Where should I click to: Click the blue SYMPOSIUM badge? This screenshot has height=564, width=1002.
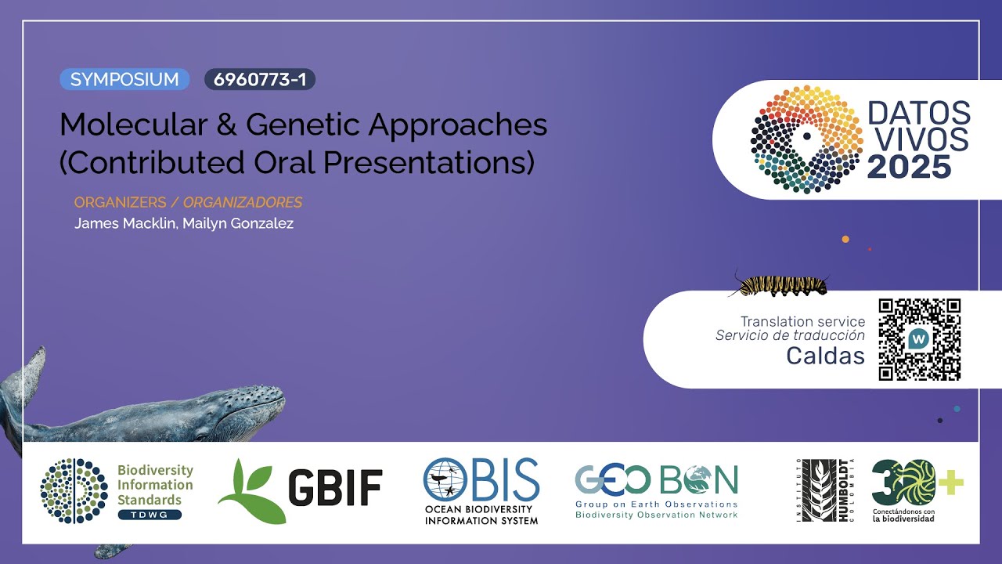tap(124, 79)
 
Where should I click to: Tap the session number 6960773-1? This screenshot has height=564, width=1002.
tap(259, 79)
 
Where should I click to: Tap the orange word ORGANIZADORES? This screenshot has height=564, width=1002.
tap(243, 202)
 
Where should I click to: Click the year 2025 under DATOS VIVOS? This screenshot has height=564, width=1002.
tap(909, 166)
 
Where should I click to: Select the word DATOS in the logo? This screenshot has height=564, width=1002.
tap(919, 114)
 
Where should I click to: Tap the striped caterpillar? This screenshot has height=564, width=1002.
tap(778, 284)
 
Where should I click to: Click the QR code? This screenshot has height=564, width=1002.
tap(919, 339)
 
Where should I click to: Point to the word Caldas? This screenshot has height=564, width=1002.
tap(825, 356)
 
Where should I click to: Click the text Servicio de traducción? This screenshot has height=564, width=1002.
tap(790, 335)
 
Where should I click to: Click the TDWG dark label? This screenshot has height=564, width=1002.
tap(150, 515)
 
